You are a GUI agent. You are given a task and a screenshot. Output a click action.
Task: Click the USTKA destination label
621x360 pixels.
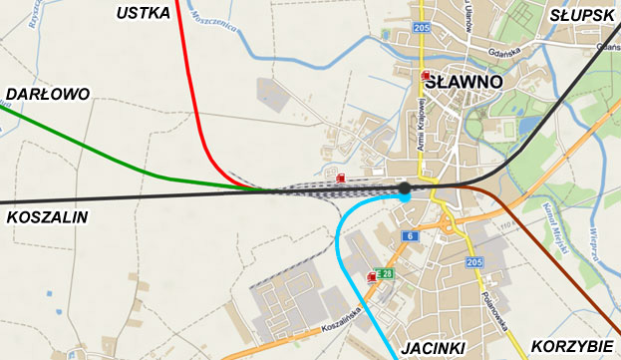[x=143, y=13]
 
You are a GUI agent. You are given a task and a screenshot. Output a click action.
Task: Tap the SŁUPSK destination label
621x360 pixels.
[x=582, y=15]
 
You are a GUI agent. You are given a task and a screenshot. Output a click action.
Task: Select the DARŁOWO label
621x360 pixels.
[x=47, y=94]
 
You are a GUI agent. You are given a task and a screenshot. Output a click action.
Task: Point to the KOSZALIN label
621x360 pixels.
[x=47, y=216]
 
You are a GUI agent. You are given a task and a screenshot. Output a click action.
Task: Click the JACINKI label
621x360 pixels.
[x=435, y=348]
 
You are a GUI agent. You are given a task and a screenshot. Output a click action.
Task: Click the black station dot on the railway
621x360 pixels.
[x=405, y=187]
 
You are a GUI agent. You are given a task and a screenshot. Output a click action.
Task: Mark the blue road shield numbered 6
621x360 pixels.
[x=409, y=235]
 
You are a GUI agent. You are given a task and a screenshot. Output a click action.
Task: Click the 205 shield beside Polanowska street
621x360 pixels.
[x=473, y=261]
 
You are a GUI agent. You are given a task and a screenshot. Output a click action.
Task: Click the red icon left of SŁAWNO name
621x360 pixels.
[x=427, y=76]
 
